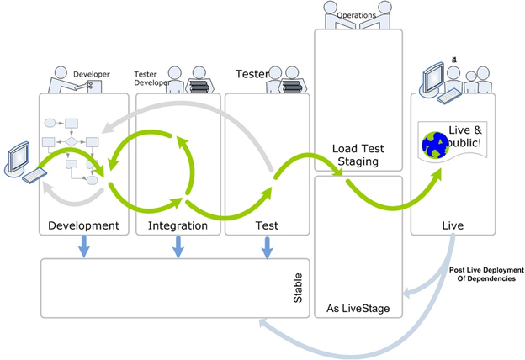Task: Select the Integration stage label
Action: coord(177,225)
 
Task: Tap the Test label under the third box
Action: coord(267,225)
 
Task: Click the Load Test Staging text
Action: coord(358,154)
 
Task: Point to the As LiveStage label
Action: coord(358,309)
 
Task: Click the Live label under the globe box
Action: coord(452,225)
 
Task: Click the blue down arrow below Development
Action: coord(84,247)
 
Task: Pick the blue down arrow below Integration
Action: coord(178,247)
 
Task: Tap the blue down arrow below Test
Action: coord(268,247)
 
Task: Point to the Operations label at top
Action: coord(356,15)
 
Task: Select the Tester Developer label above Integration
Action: coord(151,78)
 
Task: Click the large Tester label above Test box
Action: coord(252,74)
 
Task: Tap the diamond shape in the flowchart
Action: coord(72,141)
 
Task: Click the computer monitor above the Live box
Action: coord(431,77)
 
